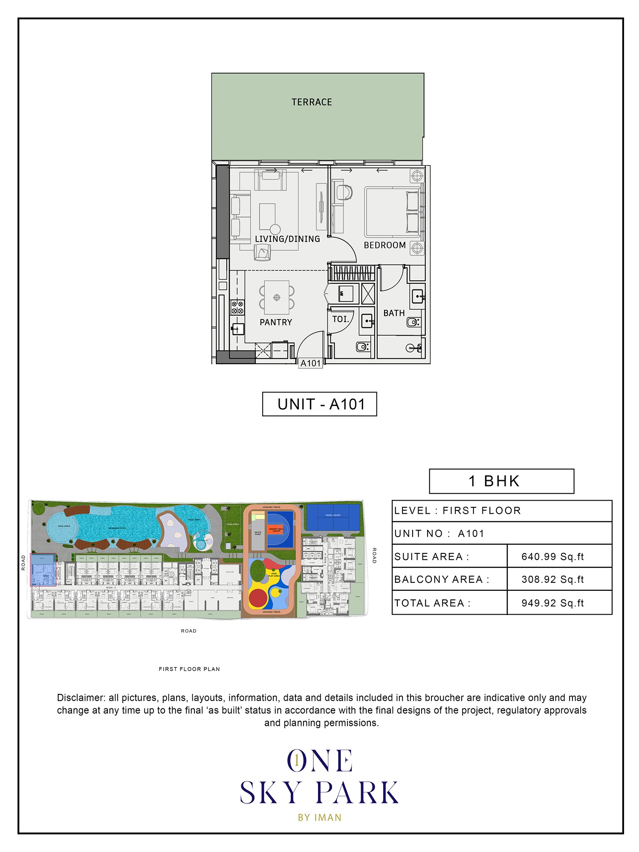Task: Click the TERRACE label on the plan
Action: [x=312, y=102]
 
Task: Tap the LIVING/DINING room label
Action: [x=287, y=239]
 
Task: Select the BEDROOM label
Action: [x=385, y=245]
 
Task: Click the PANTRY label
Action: [x=276, y=322]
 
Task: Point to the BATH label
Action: [x=394, y=313]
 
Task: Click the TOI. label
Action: [x=341, y=319]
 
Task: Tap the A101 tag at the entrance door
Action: [x=310, y=363]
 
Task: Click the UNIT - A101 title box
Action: [x=320, y=404]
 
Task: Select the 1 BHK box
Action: [x=501, y=481]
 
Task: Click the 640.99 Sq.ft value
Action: [x=552, y=557]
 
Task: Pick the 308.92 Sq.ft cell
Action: [x=552, y=579]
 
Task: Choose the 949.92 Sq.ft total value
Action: [x=552, y=603]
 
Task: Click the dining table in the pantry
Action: [x=277, y=297]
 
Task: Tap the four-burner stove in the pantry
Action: [x=237, y=308]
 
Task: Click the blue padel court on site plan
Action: [x=333, y=518]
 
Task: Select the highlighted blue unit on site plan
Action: [x=43, y=570]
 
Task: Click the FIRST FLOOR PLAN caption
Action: [x=189, y=669]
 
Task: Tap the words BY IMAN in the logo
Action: [x=320, y=817]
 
